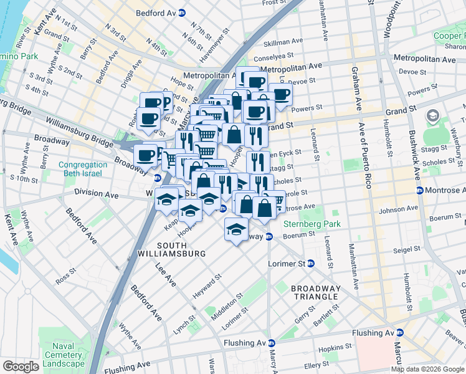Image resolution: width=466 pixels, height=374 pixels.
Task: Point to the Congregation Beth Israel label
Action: coord(82,169)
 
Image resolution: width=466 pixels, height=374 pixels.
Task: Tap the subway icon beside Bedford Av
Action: coord(181,12)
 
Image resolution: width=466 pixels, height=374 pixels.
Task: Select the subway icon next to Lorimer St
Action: coord(310,264)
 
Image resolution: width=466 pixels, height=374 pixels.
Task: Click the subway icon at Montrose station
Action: coord(419,190)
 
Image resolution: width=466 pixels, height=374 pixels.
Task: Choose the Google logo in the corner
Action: coord(21,367)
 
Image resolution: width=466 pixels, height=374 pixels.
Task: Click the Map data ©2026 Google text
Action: coord(427,369)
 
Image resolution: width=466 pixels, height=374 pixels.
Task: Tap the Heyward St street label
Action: coord(207,285)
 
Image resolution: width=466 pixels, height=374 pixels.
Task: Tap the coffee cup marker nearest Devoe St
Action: coord(280,93)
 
